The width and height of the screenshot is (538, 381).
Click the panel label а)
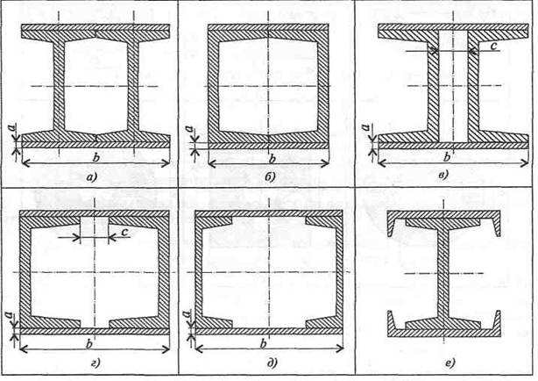pos(92,177)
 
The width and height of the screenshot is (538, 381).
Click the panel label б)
pos(271,177)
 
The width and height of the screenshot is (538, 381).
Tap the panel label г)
pos(96,363)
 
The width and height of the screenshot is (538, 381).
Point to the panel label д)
pos(272,363)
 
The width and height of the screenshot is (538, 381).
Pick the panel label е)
pos(450,363)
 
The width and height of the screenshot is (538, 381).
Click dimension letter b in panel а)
pos(96,157)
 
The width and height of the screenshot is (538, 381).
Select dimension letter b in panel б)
pos(273,159)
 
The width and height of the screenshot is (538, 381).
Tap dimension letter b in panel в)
pos(446,157)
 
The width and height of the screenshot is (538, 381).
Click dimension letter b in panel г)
pos(89,344)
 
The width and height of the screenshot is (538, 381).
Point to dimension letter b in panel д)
pos(264,343)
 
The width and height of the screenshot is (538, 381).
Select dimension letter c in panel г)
pos(125,232)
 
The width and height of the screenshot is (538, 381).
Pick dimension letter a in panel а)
pos(13,128)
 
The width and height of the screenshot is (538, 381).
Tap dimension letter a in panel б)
pos(188,128)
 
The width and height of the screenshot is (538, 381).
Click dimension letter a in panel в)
pos(365,127)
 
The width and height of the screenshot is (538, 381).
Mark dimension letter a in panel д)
pos(187,313)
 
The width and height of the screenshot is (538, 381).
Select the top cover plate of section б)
pos(268,27)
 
